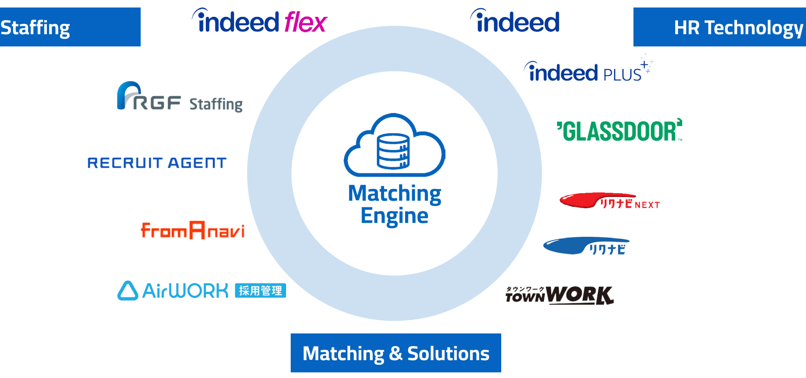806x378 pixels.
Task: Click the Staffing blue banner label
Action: [x=70, y=27]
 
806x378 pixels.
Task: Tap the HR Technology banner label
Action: [x=719, y=27]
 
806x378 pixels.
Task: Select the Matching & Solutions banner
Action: [x=396, y=353]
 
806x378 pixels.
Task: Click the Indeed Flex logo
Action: [x=259, y=22]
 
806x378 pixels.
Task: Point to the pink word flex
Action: [x=305, y=22]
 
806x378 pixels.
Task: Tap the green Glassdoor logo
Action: [x=619, y=130]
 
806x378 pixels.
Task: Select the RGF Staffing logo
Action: [x=180, y=98]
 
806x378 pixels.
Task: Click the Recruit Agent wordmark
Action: [x=157, y=163]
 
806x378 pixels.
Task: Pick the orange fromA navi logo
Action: [x=193, y=230]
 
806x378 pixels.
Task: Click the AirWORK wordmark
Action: [x=185, y=291]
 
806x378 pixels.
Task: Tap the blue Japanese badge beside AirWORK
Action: [x=260, y=291]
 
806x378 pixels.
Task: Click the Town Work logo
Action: [x=559, y=295]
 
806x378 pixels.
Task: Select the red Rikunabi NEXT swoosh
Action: [x=581, y=201]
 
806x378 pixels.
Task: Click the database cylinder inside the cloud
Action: [x=393, y=151]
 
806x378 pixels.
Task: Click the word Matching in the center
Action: [x=394, y=193]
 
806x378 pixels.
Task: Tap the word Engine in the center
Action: [x=394, y=216]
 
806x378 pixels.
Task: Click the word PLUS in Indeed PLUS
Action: [x=622, y=75]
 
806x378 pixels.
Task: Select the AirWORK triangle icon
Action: [x=128, y=291]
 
